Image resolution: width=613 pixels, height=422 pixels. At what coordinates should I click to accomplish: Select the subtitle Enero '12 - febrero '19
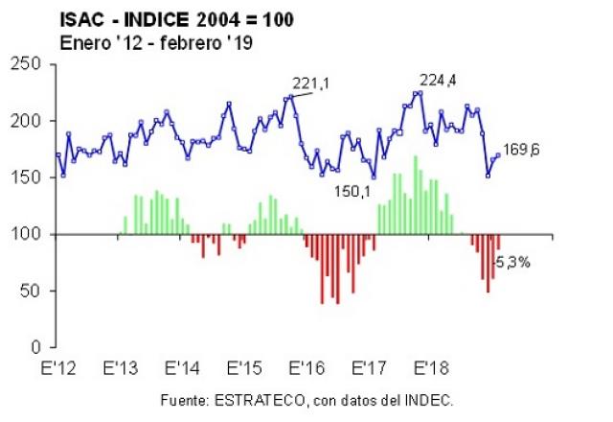156,42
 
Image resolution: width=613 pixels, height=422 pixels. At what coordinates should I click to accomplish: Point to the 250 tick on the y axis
29,64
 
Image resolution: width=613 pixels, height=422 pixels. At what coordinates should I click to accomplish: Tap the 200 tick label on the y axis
29,121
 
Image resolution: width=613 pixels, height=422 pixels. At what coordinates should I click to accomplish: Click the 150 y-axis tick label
29,177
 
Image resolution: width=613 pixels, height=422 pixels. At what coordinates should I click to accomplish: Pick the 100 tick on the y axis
29,234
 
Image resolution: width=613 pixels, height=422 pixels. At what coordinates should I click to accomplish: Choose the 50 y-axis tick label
34,291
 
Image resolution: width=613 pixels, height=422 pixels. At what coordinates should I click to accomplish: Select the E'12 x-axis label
57,368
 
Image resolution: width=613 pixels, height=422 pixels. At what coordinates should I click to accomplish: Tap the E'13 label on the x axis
119,368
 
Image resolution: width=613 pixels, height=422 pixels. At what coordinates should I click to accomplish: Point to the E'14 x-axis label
181,368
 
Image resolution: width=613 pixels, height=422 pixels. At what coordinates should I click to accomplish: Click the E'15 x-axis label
243,368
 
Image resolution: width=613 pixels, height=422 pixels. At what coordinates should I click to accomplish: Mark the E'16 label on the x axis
306,368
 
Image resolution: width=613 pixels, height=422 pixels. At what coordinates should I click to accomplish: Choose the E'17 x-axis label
368,368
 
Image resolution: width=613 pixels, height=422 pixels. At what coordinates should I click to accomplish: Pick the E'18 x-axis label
430,368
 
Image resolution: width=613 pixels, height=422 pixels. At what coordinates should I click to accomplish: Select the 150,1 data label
352,192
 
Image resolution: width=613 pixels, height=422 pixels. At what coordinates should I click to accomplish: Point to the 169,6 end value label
521,151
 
